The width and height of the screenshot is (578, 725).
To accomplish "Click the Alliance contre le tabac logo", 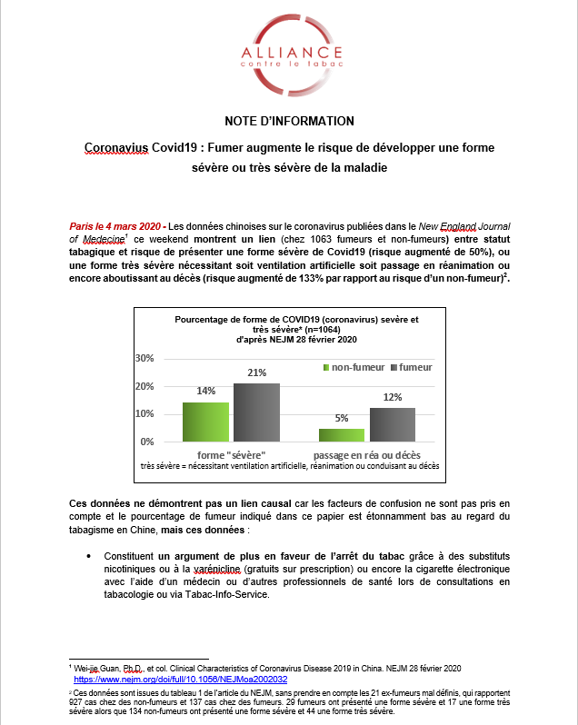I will pyautogui.click(x=289, y=54).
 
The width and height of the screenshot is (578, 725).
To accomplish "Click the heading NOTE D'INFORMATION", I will pyautogui.click(x=289, y=121).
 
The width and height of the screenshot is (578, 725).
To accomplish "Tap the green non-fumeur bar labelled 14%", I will pyautogui.click(x=205, y=422).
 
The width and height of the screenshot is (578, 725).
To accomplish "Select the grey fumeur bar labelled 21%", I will pyautogui.click(x=256, y=412).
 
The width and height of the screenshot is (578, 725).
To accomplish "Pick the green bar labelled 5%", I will pyautogui.click(x=341, y=434).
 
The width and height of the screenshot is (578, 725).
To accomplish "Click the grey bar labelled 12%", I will pyautogui.click(x=392, y=424).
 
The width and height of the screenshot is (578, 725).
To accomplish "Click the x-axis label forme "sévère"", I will pyautogui.click(x=231, y=453).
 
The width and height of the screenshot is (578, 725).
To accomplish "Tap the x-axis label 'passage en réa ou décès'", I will pyautogui.click(x=366, y=453).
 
